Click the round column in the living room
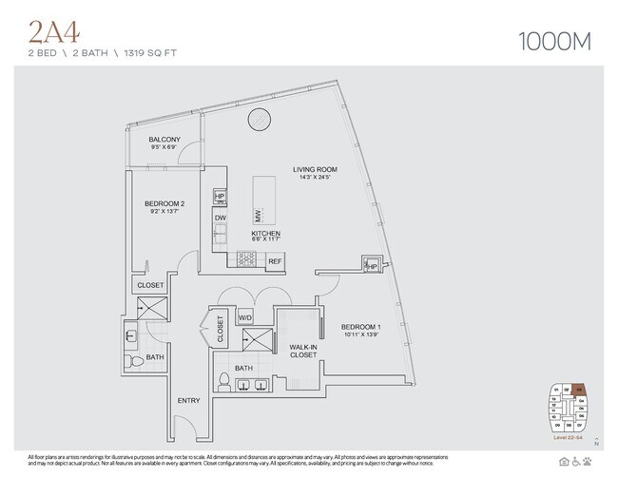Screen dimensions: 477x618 pos(259,121)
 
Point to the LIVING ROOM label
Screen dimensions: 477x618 pos(315,171)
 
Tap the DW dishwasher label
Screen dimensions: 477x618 pos(220,218)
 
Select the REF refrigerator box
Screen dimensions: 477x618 pos(275,260)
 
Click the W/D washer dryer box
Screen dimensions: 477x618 pos(244,317)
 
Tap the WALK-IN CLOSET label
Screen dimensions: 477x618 pos(303,353)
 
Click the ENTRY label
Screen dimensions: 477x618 pos(188,400)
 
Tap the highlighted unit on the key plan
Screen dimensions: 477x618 pos(579,390)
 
